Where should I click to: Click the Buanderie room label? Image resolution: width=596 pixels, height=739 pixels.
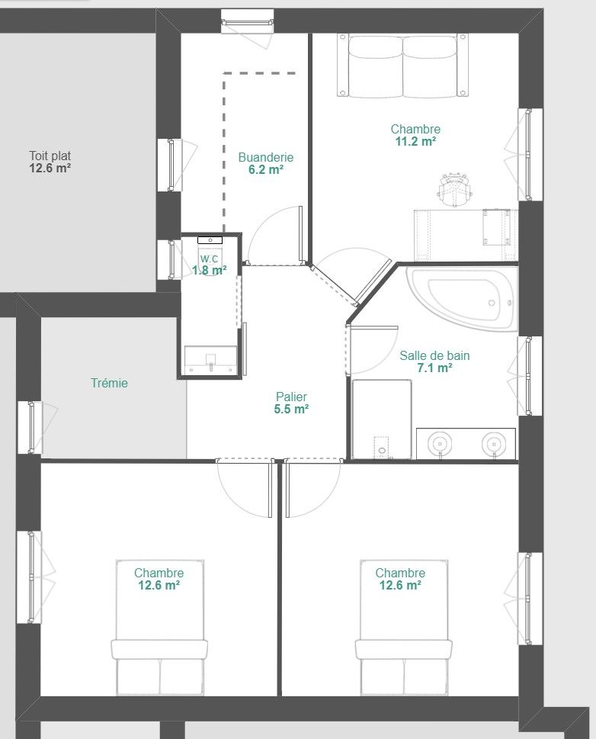click(x=266, y=157)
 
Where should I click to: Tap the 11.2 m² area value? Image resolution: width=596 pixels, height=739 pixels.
click(x=415, y=141)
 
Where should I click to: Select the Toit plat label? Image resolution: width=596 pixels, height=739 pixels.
click(x=50, y=156)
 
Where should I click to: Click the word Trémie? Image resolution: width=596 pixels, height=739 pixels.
click(x=109, y=383)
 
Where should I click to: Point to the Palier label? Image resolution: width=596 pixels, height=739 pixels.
click(x=292, y=397)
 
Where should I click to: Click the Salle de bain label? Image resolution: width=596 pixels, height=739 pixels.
click(x=434, y=355)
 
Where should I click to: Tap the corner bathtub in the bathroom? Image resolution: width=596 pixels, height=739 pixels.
click(x=462, y=299)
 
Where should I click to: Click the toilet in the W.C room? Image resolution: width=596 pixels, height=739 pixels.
click(x=210, y=255)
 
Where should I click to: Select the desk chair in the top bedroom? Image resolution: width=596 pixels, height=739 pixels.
click(x=454, y=189)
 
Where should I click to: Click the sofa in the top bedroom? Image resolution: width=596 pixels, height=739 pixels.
click(x=403, y=66)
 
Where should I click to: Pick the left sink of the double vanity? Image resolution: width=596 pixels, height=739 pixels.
click(x=440, y=444)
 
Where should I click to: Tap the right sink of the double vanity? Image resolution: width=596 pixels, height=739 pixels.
click(x=494, y=444)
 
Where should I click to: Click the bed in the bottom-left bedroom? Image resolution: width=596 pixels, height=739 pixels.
click(x=160, y=628)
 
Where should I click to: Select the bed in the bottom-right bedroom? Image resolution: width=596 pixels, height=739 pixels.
click(x=404, y=628)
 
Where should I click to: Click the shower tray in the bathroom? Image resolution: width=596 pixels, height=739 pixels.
click(x=382, y=419)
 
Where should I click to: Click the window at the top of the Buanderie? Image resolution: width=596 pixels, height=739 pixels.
click(x=248, y=22)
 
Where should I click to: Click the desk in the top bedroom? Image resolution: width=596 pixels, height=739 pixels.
click(x=466, y=235)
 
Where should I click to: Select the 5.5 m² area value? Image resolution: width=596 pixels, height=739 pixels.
click(x=292, y=409)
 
